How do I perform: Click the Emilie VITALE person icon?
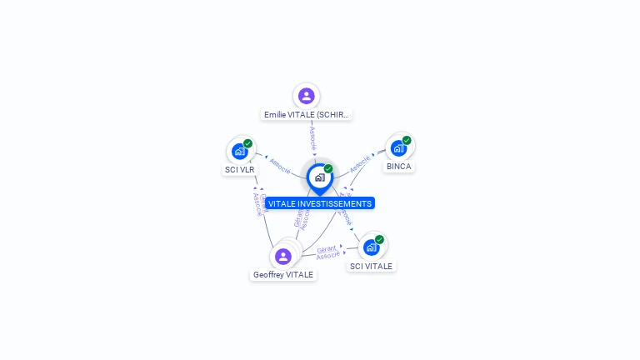[306, 96]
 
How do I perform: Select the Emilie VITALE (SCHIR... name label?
[307, 115]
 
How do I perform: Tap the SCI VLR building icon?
[240, 151]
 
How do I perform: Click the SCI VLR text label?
[240, 170]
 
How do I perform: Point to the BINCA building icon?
[398, 147]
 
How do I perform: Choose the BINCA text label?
[398, 167]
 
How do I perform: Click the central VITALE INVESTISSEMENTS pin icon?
[319, 177]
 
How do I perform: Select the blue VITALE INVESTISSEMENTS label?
[320, 203]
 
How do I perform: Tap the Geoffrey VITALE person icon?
[283, 256]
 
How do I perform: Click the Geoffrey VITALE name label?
[283, 275]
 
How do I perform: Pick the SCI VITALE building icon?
[372, 247]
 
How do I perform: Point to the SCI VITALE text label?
[372, 267]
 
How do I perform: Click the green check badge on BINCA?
[407, 140]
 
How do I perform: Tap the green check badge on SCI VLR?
[247, 143]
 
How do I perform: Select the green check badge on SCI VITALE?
[379, 240]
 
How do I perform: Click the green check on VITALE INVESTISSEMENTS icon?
[328, 168]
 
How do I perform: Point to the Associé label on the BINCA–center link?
[360, 163]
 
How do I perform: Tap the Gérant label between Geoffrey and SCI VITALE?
[327, 248]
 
